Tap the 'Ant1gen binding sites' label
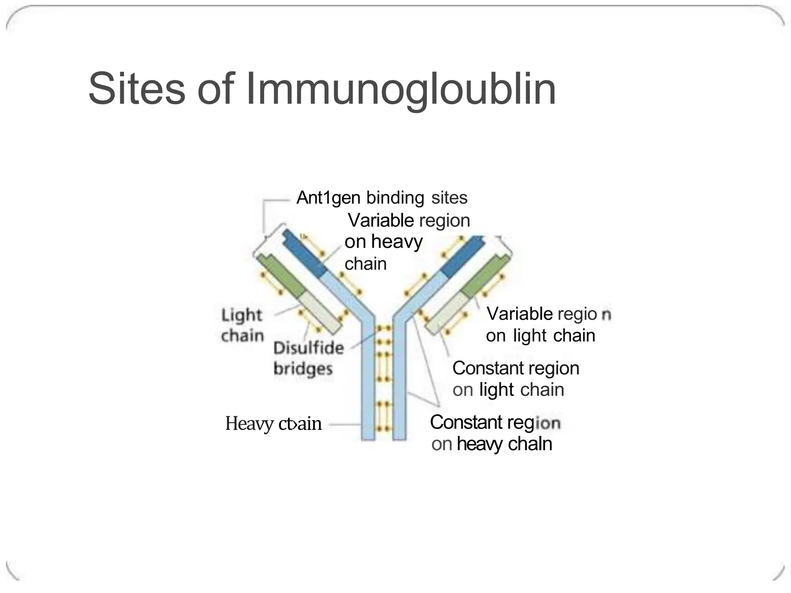(382, 198)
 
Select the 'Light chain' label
(242, 325)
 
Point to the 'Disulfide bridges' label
(308, 358)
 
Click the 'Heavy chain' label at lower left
(273, 424)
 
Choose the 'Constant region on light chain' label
(515, 379)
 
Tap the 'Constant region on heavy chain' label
(494, 433)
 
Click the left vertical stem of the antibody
(368, 386)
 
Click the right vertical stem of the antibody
(399, 386)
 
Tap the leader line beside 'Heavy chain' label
(345, 424)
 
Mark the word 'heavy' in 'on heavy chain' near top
(397, 242)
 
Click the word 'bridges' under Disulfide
(303, 369)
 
